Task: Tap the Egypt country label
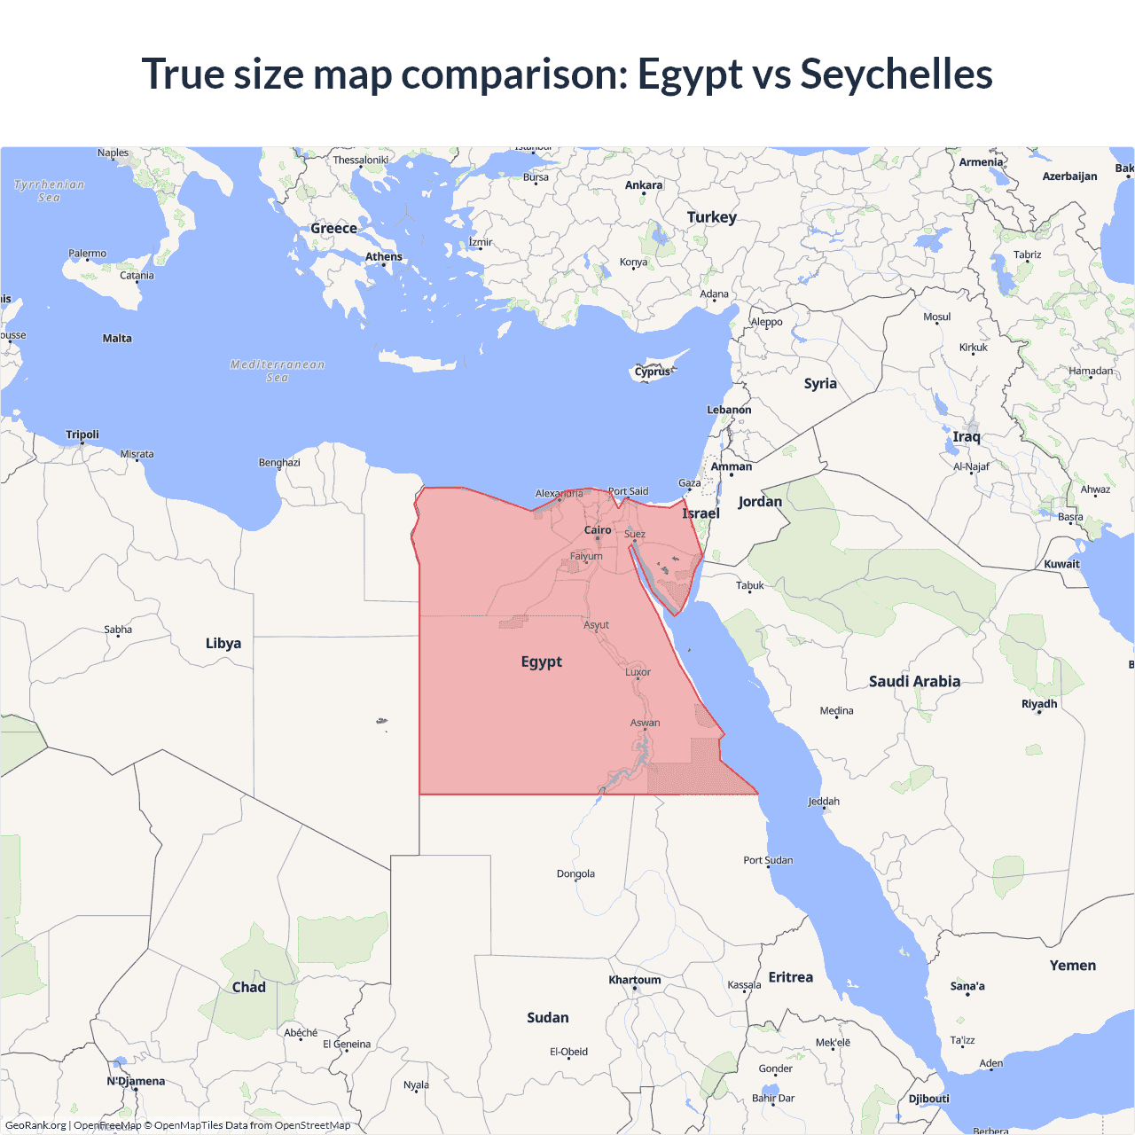[542, 662]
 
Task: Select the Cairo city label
[598, 530]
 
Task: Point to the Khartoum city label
[635, 980]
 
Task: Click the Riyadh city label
[1039, 704]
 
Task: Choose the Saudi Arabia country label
[914, 682]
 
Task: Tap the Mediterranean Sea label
[278, 371]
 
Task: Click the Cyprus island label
[653, 372]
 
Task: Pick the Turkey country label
[711, 217]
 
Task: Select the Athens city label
[384, 257]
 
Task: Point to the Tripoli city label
[82, 434]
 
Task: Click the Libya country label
[223, 644]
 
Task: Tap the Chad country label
[249, 988]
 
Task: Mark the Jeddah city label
[824, 802]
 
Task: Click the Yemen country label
[1073, 966]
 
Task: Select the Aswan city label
[646, 723]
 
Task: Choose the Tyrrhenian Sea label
[50, 191]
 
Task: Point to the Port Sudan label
[768, 860]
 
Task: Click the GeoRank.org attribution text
[35, 1125]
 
